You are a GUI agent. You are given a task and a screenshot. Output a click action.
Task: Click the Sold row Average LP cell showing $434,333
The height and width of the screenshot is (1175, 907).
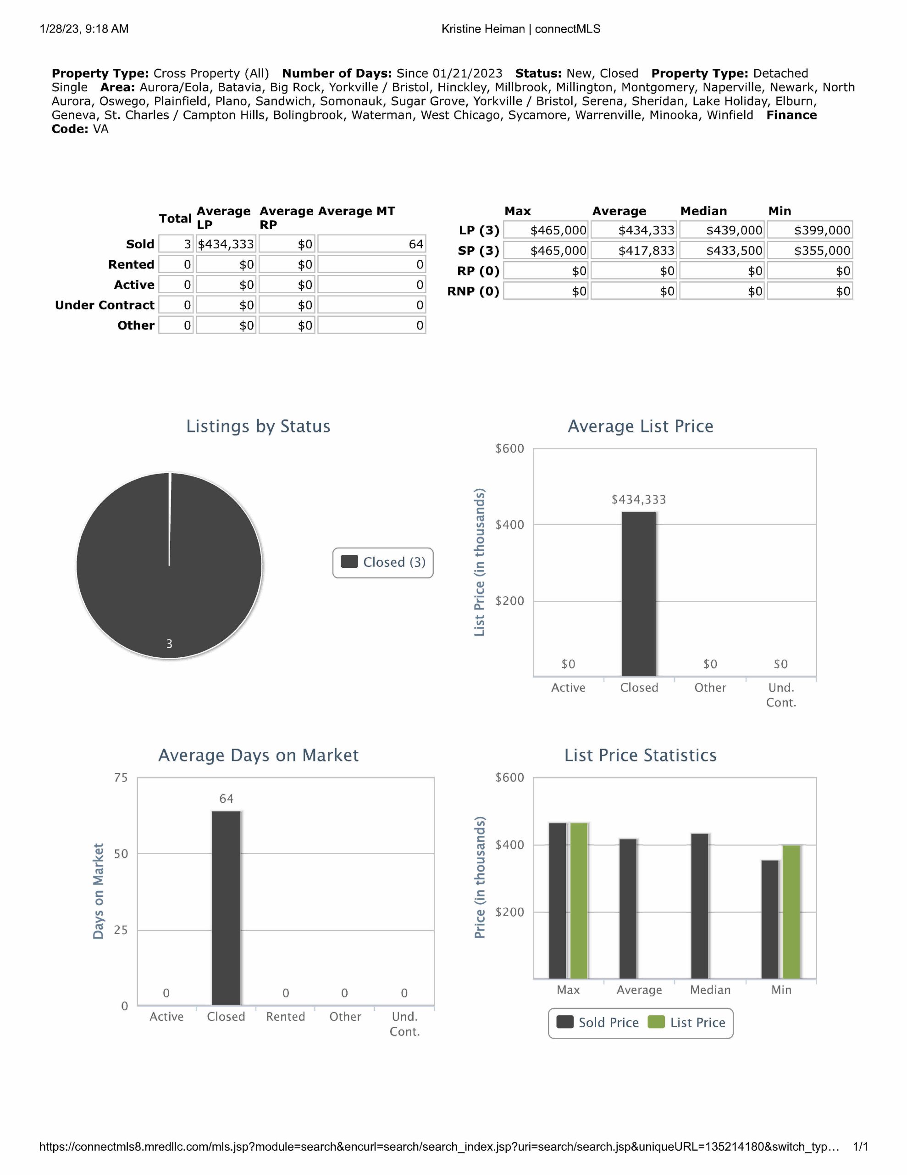click(226, 244)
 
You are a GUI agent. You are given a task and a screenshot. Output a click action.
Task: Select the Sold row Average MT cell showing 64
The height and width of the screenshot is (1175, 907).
click(371, 244)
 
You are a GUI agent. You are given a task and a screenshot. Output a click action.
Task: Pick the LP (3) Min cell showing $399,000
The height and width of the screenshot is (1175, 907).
click(810, 230)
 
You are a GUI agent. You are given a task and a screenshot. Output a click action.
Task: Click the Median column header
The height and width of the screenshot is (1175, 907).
click(703, 211)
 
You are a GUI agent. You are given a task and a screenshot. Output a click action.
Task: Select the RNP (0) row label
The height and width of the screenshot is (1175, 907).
click(473, 291)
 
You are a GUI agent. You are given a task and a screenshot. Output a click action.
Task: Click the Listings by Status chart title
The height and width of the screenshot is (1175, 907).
click(258, 426)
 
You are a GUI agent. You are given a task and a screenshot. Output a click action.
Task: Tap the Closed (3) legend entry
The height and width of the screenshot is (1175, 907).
click(383, 562)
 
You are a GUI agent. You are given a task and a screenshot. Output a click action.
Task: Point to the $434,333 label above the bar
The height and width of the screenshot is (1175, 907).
click(639, 500)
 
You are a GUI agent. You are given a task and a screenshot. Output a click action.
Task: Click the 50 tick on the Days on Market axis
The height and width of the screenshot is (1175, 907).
click(121, 854)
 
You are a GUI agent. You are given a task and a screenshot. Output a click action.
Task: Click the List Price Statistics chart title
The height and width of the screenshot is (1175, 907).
click(640, 755)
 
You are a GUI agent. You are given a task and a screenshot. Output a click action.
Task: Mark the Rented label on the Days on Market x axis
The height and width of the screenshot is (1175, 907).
click(286, 1017)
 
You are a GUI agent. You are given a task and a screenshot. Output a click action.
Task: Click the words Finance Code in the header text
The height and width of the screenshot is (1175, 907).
click(791, 115)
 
